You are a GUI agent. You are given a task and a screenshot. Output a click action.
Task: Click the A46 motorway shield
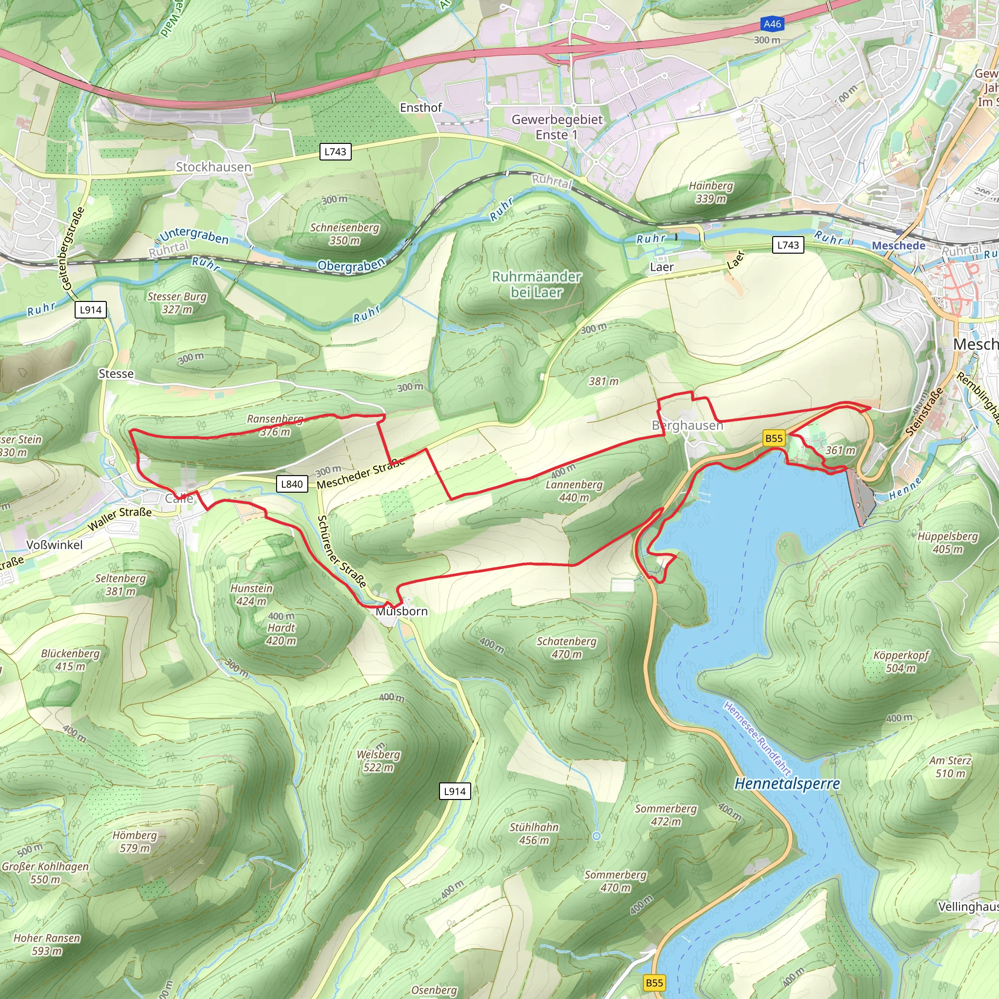click(x=772, y=24)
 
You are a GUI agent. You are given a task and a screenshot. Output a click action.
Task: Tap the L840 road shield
click(x=292, y=484)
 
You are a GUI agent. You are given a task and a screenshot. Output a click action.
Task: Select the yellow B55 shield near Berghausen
click(x=774, y=439)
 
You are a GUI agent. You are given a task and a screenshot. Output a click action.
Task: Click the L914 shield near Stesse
click(x=91, y=310)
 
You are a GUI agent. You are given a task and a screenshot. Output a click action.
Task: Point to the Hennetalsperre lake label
click(x=787, y=784)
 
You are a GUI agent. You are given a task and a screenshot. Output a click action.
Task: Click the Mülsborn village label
click(x=401, y=611)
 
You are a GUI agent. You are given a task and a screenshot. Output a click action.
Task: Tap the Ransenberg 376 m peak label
click(x=275, y=425)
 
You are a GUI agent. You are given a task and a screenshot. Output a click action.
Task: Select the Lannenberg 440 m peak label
click(x=574, y=491)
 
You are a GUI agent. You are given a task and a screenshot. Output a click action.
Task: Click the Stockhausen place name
click(x=213, y=167)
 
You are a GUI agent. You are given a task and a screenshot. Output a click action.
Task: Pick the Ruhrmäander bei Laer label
click(x=536, y=284)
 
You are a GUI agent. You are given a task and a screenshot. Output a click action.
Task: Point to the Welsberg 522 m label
click(x=379, y=760)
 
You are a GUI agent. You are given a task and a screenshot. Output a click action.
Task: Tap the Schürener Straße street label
click(x=341, y=551)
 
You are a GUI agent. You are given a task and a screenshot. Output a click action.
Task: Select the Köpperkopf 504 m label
click(x=901, y=661)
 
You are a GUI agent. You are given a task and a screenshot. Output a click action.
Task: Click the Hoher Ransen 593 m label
click(x=46, y=944)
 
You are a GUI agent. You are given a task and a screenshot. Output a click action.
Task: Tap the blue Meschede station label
click(x=898, y=246)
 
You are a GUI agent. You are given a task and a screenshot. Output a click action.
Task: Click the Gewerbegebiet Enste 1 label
click(x=557, y=127)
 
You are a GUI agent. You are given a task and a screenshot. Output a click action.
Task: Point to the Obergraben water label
click(x=351, y=265)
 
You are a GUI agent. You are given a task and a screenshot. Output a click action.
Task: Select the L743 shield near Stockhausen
click(x=335, y=152)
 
